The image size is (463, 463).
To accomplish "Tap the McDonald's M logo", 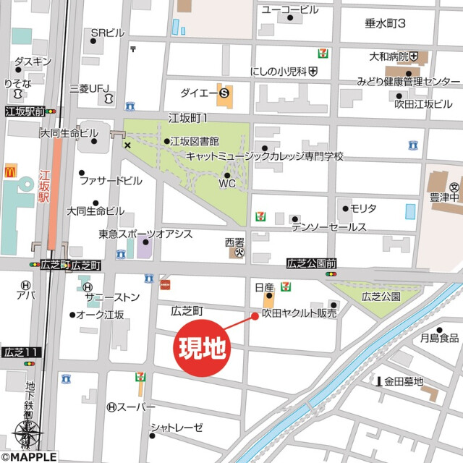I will tap(11, 171).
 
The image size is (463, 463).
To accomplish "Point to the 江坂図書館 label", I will tap(195, 141).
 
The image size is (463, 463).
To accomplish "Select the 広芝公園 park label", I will tap(381, 296).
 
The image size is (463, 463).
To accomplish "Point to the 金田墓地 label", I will tap(403, 381).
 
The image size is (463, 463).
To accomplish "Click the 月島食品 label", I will tap(439, 338).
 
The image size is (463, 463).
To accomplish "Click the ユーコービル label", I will tap(289, 9).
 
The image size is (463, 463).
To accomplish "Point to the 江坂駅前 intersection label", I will tap(23, 112).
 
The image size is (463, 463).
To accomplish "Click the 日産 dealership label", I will tap(263, 287).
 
